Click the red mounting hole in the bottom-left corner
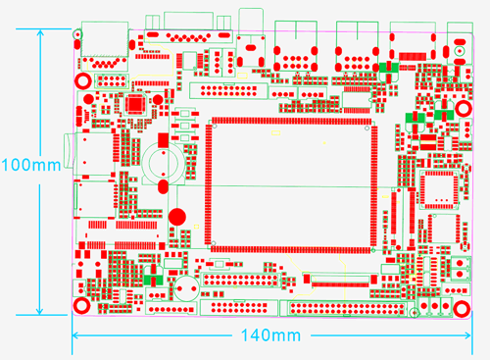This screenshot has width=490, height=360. tap(82, 307)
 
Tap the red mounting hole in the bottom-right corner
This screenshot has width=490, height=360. tap(460, 308)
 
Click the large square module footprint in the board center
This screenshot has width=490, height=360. tap(291, 184)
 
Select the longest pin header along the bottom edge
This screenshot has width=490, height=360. tap(343, 308)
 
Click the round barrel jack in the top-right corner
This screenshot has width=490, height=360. tap(456, 44)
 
